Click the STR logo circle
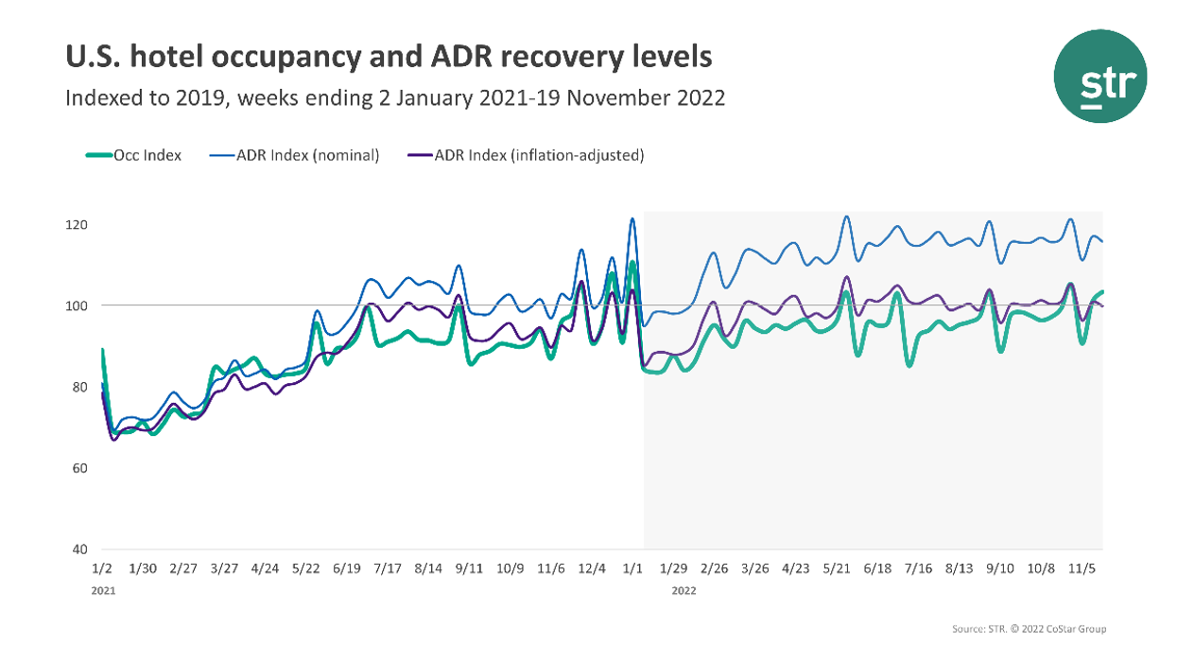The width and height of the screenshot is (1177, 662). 1099,76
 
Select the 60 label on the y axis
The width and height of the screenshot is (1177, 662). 80,468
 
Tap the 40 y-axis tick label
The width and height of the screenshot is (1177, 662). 80,549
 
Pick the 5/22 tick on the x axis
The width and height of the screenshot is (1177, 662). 306,569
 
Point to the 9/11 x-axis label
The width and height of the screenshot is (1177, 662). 470,569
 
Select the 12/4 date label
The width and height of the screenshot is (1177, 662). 592,569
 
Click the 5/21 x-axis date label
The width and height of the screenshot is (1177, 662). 838,569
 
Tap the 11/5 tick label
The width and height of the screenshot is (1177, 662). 1082,569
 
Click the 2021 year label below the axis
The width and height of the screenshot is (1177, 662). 104,590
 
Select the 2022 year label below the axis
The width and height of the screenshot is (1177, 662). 684,590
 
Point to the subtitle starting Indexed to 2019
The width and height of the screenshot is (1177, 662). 395,97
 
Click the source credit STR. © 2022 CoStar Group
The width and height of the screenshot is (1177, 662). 1029,629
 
